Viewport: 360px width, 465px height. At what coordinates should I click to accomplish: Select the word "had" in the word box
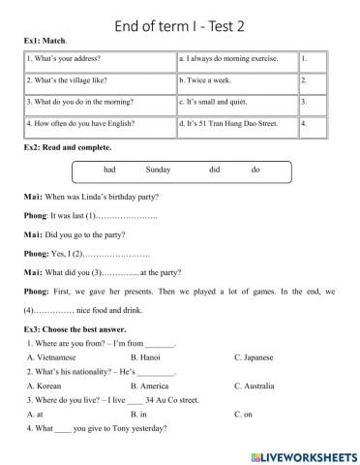point(109,170)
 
